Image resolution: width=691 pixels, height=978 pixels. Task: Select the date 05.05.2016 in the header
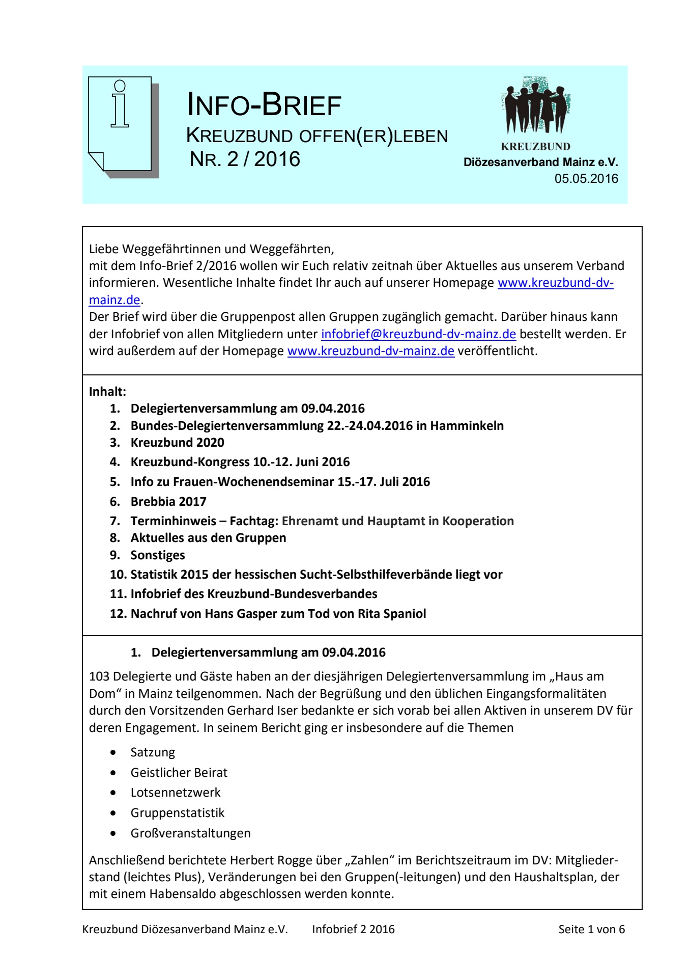[586, 179]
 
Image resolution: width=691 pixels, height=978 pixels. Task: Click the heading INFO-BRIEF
[264, 105]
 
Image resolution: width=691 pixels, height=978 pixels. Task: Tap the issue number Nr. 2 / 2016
[245, 159]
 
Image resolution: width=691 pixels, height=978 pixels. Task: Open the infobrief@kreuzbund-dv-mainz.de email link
[418, 334]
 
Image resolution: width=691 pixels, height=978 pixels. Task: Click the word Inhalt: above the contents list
[107, 392]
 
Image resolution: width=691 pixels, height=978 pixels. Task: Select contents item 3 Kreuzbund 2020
[177, 443]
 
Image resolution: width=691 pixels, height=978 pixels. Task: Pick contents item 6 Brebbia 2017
[168, 502]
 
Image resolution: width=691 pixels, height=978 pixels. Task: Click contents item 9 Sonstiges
[158, 555]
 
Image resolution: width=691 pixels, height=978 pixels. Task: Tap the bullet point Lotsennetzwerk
[176, 793]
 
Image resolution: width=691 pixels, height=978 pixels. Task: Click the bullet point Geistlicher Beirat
[179, 773]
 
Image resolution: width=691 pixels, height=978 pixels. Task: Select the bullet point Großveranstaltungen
[190, 833]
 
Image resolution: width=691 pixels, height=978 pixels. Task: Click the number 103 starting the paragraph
[99, 676]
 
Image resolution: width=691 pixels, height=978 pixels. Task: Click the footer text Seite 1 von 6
[591, 929]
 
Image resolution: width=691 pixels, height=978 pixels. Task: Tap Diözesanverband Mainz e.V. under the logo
[540, 162]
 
